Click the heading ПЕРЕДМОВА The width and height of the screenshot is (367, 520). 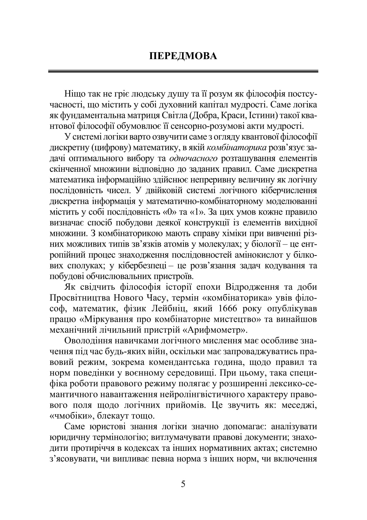(183, 56)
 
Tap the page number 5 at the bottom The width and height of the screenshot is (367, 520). (183, 484)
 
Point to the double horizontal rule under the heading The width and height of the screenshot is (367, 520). (183, 72)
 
